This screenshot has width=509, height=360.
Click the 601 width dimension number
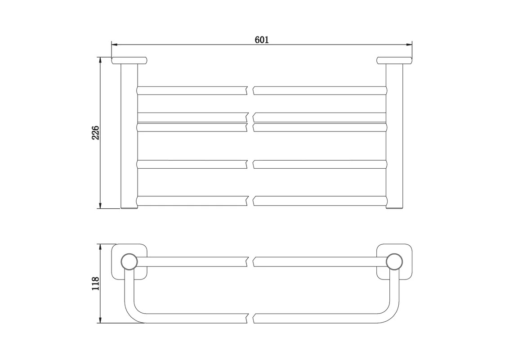(x=262, y=40)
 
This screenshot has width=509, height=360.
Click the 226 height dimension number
(x=96, y=133)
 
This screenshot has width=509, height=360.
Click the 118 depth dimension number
(x=96, y=284)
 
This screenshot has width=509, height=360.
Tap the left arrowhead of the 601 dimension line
(x=114, y=45)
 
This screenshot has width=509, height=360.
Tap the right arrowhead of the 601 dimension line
(x=409, y=45)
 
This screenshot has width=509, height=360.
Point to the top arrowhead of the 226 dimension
(x=101, y=60)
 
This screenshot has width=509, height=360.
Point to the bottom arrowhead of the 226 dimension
(x=101, y=205)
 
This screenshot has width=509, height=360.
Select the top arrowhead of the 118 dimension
(x=101, y=247)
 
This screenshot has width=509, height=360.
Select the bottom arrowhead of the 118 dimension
(x=101, y=320)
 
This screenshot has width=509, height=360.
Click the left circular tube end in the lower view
(x=129, y=261)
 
